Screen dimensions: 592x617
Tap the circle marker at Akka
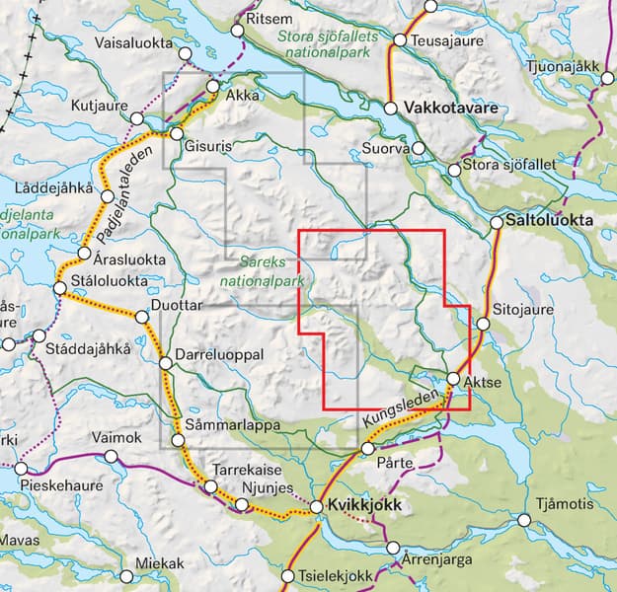pos(212,87)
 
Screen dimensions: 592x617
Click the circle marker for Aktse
pos(453,379)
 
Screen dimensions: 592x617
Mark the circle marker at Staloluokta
pos(59,288)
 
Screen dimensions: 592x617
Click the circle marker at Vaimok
pos(111,456)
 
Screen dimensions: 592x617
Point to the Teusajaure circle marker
pos(400,40)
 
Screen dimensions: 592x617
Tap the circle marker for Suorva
pos(419,149)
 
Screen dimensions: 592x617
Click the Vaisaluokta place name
pos(134,43)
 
